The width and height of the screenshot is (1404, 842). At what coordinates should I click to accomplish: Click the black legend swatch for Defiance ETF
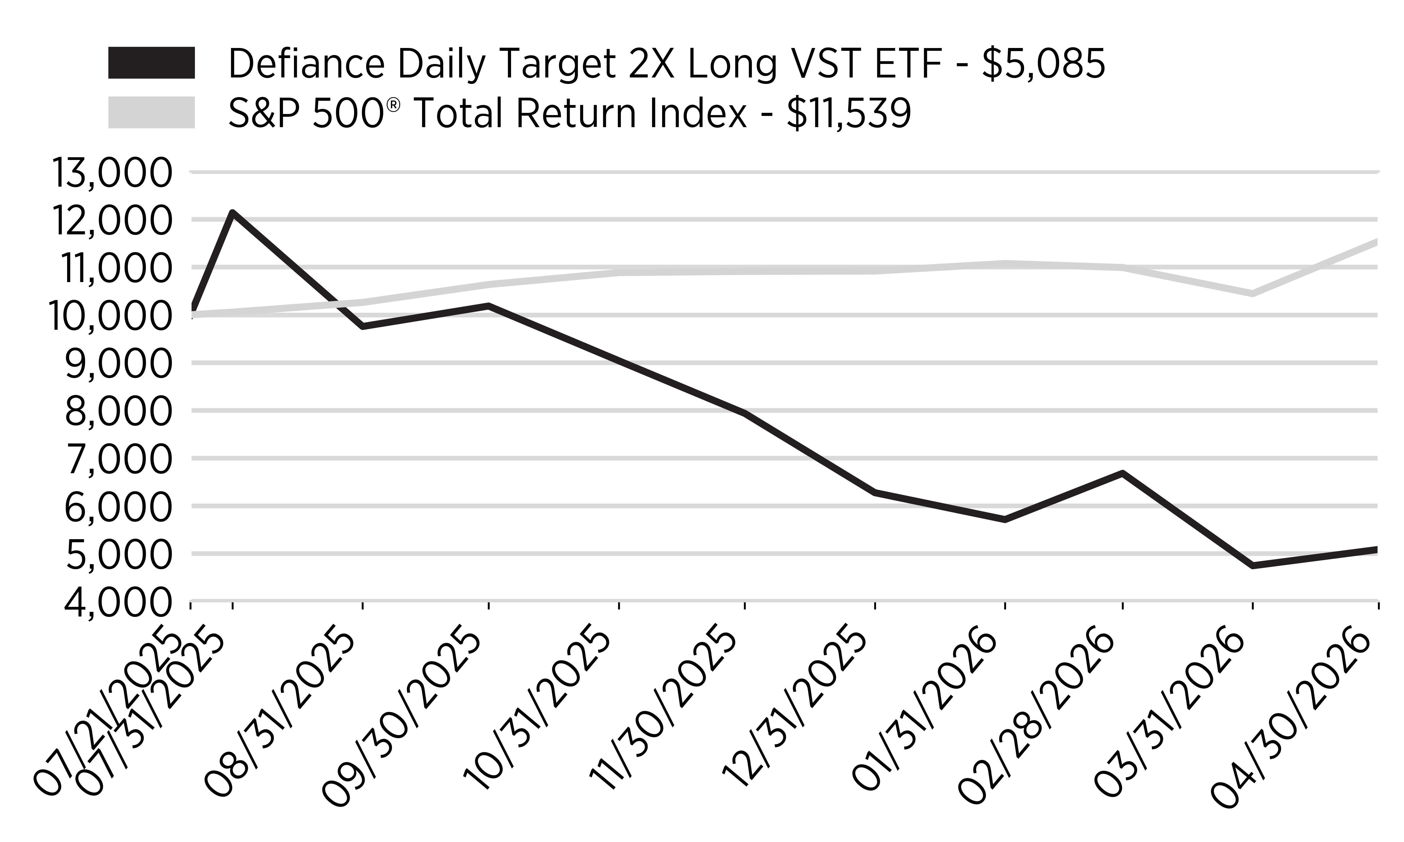pos(152,63)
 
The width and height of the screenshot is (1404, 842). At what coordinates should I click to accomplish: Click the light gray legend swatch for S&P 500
pos(152,112)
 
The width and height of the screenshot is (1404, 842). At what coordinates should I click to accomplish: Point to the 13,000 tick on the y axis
pos(111,173)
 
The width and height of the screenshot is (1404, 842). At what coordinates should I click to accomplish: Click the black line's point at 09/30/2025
pos(489,306)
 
